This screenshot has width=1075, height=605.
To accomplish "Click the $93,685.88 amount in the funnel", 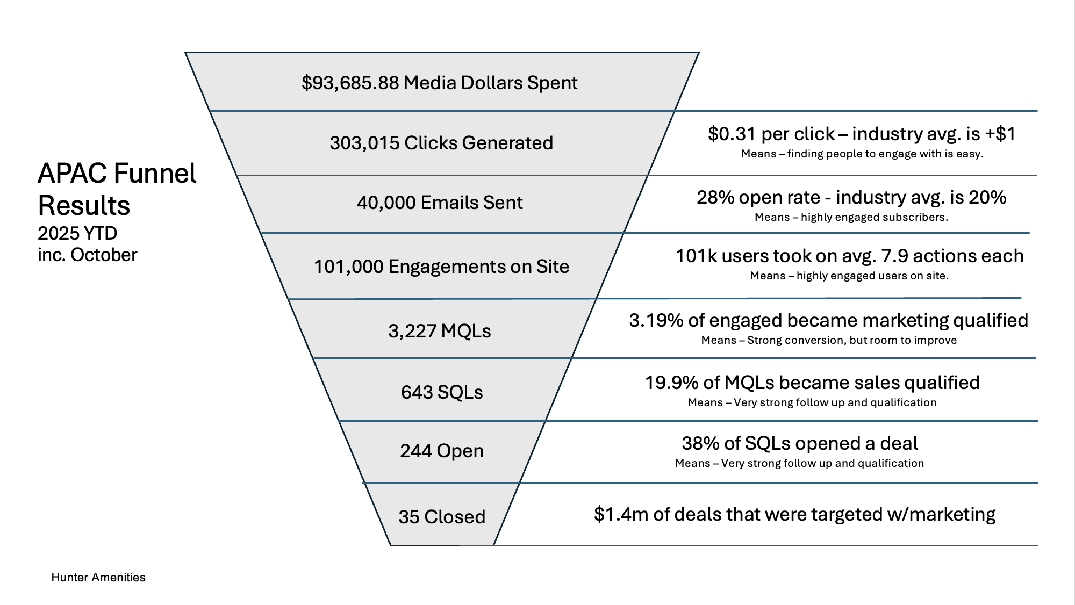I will tap(350, 83).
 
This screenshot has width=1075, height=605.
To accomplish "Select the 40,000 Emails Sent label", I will tap(440, 203).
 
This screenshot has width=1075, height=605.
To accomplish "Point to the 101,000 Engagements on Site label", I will tap(441, 267).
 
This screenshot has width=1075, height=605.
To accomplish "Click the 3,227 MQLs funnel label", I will tap(440, 331).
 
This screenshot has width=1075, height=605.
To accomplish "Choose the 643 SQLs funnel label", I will tap(442, 392).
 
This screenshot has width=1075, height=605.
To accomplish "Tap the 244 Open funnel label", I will tap(442, 451).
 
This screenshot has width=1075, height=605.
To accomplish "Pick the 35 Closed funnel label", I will tap(442, 516).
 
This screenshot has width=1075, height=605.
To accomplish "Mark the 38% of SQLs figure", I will tap(700, 443).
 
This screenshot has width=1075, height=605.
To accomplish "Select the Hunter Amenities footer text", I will tap(98, 577).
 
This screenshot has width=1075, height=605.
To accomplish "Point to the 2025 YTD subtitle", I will tap(77, 233).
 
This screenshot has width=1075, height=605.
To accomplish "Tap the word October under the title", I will tap(104, 255).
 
